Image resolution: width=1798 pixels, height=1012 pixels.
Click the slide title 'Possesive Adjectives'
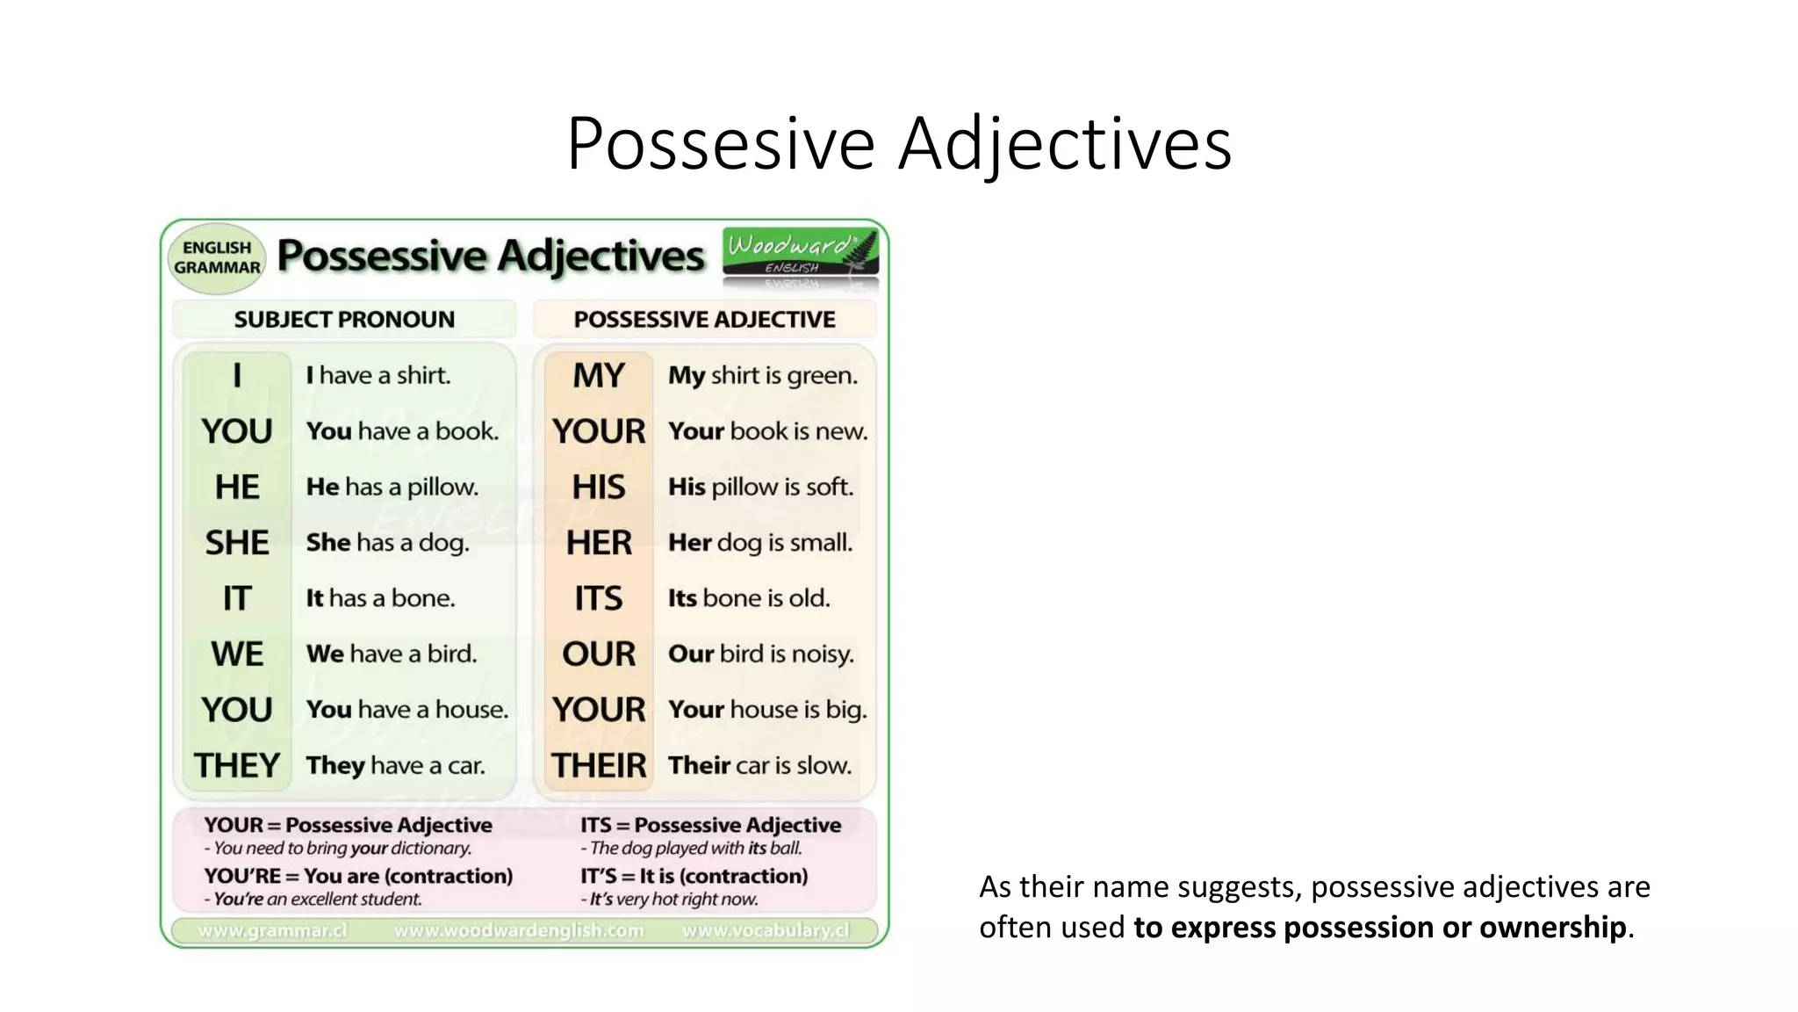click(899, 142)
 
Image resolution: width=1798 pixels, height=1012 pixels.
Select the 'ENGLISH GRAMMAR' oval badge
click(217, 257)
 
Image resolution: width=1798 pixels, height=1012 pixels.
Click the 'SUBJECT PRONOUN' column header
click(344, 320)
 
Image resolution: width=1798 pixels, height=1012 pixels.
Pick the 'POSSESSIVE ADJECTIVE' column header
click(704, 320)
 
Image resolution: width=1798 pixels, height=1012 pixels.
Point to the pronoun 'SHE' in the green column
click(237, 543)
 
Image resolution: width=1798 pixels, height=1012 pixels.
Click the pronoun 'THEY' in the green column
click(237, 765)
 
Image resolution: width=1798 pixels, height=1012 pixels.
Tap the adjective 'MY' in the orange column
click(599, 376)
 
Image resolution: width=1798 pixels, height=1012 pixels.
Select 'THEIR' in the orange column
click(599, 765)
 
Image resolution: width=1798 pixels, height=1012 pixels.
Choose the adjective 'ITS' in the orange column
click(599, 598)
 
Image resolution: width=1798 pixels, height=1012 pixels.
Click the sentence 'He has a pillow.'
click(392, 487)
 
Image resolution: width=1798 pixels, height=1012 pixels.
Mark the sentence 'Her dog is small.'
click(760, 543)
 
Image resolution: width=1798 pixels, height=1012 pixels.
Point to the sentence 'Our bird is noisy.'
click(760, 654)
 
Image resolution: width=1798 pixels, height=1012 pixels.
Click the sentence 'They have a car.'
click(395, 765)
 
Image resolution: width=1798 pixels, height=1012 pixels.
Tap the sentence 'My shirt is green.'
click(762, 376)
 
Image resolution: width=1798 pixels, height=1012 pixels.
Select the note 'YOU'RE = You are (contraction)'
click(358, 876)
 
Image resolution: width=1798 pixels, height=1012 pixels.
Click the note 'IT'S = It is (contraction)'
click(694, 876)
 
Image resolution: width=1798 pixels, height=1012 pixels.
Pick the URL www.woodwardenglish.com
click(519, 930)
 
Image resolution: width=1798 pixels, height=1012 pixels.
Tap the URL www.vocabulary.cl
click(766, 930)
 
